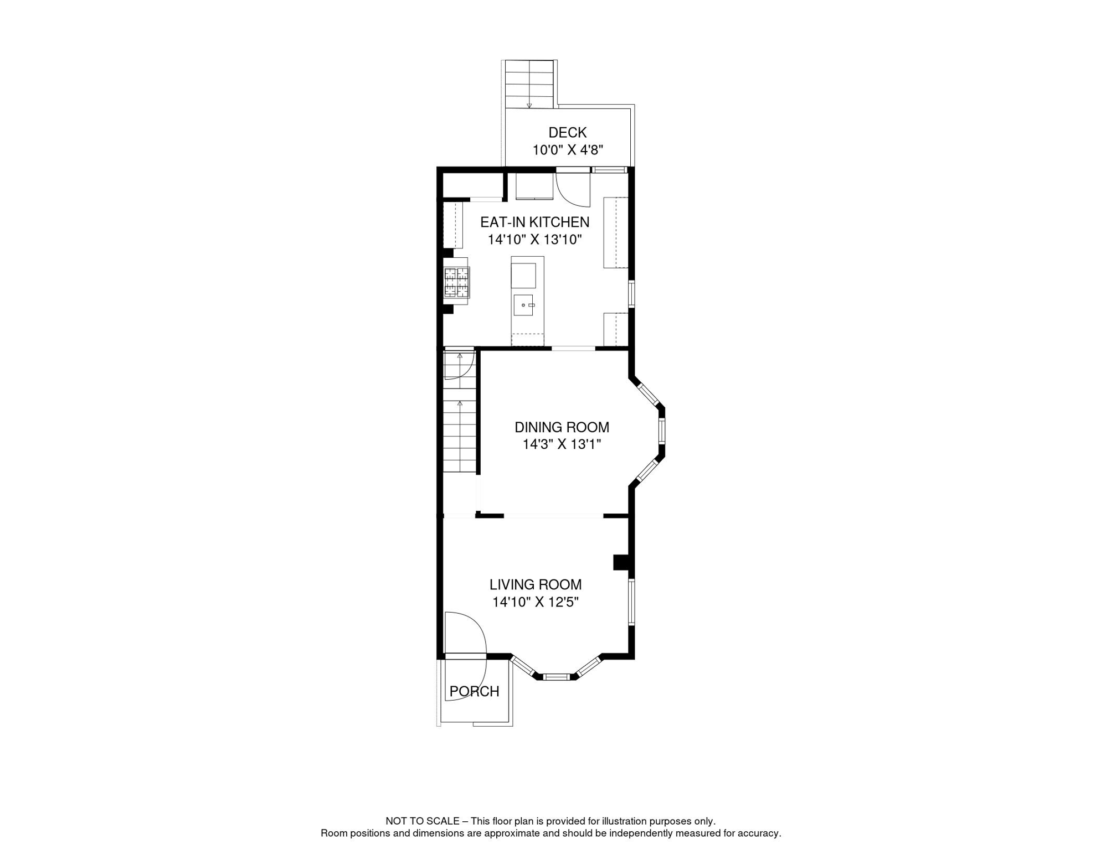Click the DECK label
pos(567,133)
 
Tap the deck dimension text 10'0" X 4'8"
pos(567,150)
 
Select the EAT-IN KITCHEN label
pos(534,222)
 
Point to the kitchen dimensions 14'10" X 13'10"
pos(534,240)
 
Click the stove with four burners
pos(456,282)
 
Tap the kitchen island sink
pos(523,305)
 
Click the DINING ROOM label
pos(562,427)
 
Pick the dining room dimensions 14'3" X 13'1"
pos(562,444)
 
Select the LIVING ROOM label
pos(535,584)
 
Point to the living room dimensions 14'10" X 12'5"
pos(535,602)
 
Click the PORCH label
pos(474,692)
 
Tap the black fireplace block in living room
pos(621,562)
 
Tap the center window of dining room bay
pos(661,431)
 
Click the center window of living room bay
pos(555,677)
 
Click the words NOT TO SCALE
pos(422,821)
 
